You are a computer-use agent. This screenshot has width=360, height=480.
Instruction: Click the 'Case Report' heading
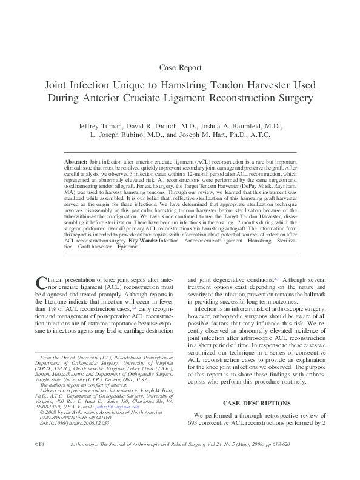coord(179,67)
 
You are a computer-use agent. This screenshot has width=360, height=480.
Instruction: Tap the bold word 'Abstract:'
coord(76,164)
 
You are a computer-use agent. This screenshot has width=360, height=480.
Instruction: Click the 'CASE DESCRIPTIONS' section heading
coord(258,403)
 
